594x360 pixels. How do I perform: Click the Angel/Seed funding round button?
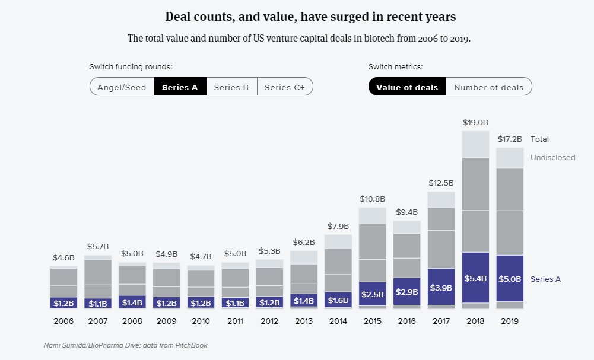pyautogui.click(x=122, y=87)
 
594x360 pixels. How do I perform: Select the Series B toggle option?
pyautogui.click(x=231, y=87)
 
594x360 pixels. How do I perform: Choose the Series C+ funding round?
pyautogui.click(x=285, y=87)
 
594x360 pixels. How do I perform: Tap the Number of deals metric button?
pyautogui.click(x=489, y=87)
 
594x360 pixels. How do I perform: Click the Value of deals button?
pyautogui.click(x=407, y=87)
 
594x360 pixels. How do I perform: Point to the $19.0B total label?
pyautogui.click(x=475, y=123)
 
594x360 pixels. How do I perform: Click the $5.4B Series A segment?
pyautogui.click(x=475, y=278)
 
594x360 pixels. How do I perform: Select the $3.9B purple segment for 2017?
pyautogui.click(x=441, y=287)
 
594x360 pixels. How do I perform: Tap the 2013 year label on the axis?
pyautogui.click(x=304, y=321)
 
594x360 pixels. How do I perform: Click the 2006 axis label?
pyautogui.click(x=63, y=321)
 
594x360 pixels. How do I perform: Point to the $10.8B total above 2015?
pyautogui.click(x=373, y=199)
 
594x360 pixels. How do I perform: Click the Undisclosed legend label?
pyautogui.click(x=552, y=158)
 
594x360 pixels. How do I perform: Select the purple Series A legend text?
pyautogui.click(x=545, y=279)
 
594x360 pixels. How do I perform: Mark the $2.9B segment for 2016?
pyautogui.click(x=407, y=291)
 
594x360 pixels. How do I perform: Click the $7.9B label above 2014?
pyautogui.click(x=338, y=227)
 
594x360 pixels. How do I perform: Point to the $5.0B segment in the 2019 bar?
pyautogui.click(x=510, y=279)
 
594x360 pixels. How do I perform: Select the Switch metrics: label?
pyautogui.click(x=395, y=67)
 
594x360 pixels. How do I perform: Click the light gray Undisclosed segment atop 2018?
pyautogui.click(x=475, y=144)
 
